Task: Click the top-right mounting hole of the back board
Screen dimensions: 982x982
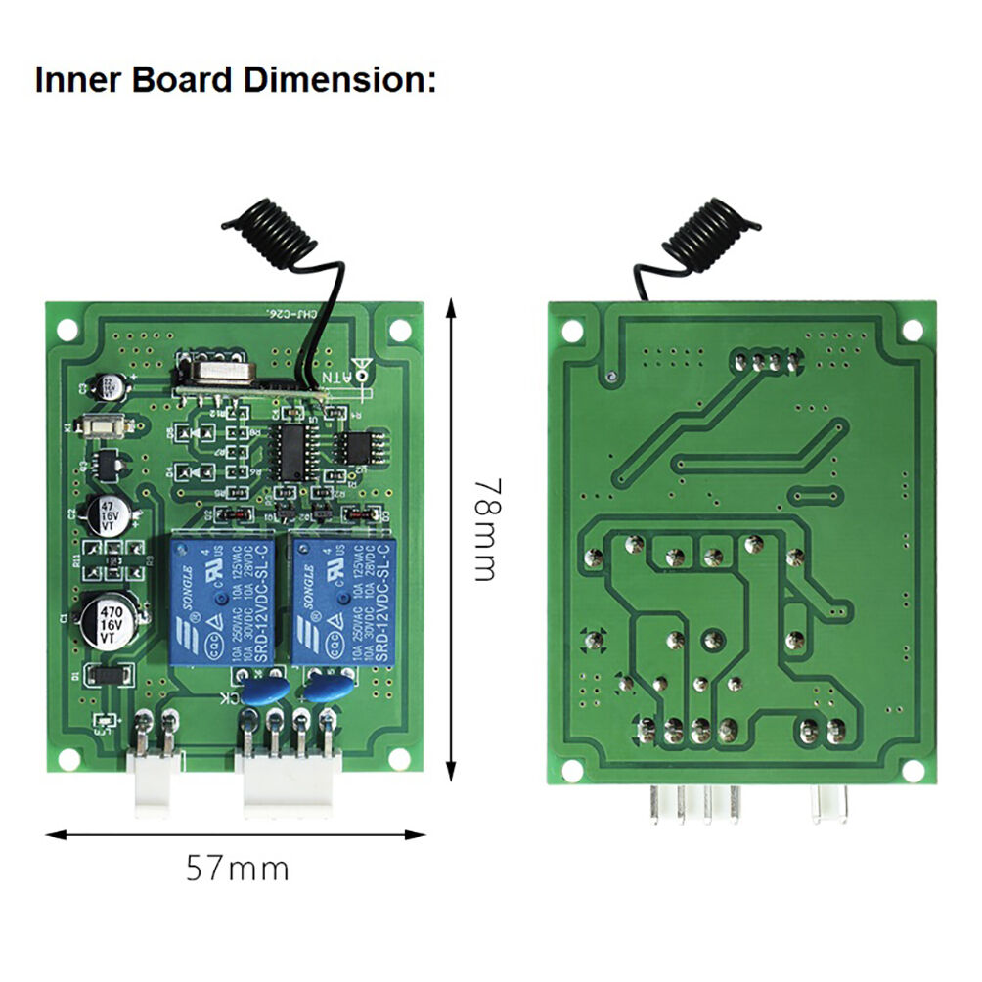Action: coord(912,331)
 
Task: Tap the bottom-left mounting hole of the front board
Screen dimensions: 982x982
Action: coord(74,758)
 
